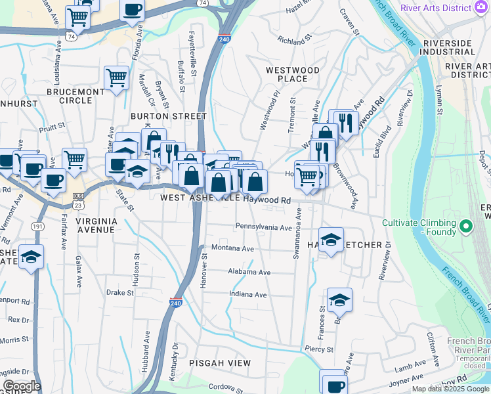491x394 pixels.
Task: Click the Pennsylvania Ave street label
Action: tap(264, 227)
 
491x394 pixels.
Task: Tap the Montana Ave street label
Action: tap(232, 249)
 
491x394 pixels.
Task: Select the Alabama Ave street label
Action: tap(249, 272)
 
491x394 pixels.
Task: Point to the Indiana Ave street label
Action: tap(247, 295)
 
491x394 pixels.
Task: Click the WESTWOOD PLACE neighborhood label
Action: tap(292, 74)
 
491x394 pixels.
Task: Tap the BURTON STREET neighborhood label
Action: tap(169, 116)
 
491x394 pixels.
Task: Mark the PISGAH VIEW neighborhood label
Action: tap(216, 362)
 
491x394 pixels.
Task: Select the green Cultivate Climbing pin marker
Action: tap(466, 227)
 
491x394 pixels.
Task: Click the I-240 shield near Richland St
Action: tap(224, 39)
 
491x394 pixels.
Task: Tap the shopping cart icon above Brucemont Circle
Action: tap(116, 77)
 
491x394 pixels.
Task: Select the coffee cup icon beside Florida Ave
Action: tap(132, 10)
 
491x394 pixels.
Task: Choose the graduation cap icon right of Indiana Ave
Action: tap(339, 299)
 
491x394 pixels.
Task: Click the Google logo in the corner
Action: tap(22, 386)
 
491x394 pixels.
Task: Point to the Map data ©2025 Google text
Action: tap(450, 389)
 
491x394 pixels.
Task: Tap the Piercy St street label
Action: tap(320, 349)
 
